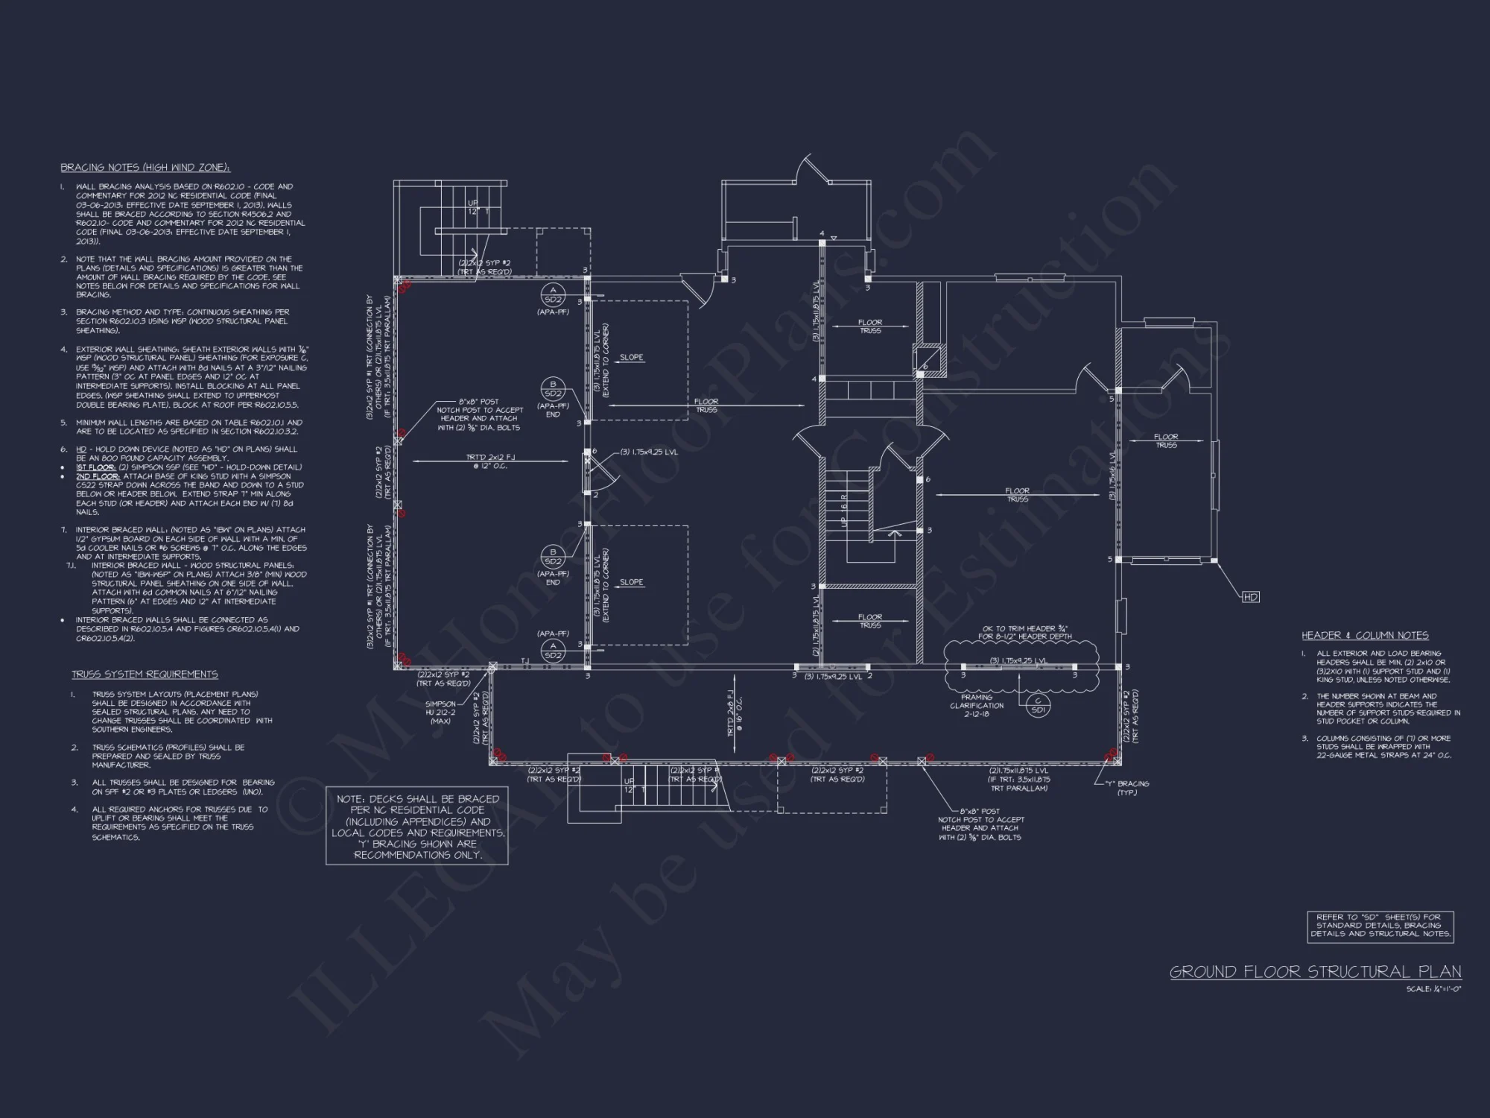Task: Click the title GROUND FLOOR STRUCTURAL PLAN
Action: coord(1315,972)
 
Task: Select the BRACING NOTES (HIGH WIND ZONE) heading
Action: coord(145,168)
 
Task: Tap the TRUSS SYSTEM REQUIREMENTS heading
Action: coord(145,675)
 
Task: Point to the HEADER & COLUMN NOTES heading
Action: coord(1365,636)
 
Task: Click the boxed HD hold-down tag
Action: coord(1251,597)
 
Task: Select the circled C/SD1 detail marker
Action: coord(1037,705)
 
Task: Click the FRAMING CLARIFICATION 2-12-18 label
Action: coord(977,706)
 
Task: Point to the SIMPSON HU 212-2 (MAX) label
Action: coord(440,712)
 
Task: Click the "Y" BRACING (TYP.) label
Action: coord(1128,788)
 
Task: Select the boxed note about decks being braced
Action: coord(417,827)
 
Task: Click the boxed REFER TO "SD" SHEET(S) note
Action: coord(1380,926)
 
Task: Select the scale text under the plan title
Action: coord(1433,989)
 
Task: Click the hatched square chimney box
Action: coord(930,358)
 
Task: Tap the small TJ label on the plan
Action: coord(524,661)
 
